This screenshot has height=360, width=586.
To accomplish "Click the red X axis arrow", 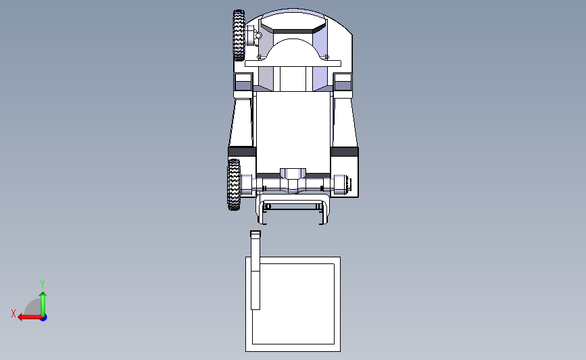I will [27, 317].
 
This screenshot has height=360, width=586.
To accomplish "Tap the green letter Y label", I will [42, 284].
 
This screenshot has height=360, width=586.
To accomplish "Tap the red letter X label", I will [13, 313].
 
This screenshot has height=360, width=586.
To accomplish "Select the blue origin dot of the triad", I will [43, 317].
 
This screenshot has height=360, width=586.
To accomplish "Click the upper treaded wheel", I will [239, 35].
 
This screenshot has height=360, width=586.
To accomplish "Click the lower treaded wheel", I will [234, 184].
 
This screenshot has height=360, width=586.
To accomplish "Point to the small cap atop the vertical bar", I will [255, 234].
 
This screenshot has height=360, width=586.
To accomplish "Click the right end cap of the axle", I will [349, 184].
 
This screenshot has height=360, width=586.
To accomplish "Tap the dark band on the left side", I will [241, 152].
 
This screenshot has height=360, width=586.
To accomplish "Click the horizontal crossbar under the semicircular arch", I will [293, 63].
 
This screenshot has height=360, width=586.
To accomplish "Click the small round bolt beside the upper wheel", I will [258, 35].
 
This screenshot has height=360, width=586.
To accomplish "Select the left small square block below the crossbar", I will [243, 82].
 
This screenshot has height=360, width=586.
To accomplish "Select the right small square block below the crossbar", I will [343, 82].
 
